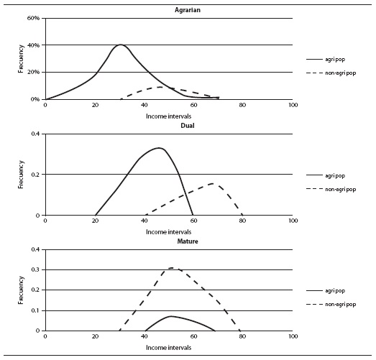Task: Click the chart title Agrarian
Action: click(188, 10)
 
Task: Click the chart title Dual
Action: click(188, 126)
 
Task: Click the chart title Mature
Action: click(188, 241)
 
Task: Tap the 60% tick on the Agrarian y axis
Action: click(33, 18)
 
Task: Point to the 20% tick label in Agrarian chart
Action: click(33, 72)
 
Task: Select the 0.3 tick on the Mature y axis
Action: click(35, 270)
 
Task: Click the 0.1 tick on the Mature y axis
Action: click(35, 310)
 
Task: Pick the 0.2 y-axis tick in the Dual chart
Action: click(35, 174)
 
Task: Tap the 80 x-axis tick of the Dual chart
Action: click(243, 221)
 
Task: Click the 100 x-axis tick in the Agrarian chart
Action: click(293, 105)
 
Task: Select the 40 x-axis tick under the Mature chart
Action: click(145, 336)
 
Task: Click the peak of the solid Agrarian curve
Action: click(120, 45)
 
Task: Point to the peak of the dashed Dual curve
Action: click(213, 184)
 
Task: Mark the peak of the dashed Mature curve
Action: click(171, 268)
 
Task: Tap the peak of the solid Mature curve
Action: click(170, 316)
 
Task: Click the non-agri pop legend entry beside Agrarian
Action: click(331, 73)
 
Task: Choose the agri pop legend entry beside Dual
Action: click(326, 175)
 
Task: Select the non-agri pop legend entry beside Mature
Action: click(331, 304)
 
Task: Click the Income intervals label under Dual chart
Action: click(168, 232)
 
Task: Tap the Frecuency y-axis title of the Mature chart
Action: click(21, 290)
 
